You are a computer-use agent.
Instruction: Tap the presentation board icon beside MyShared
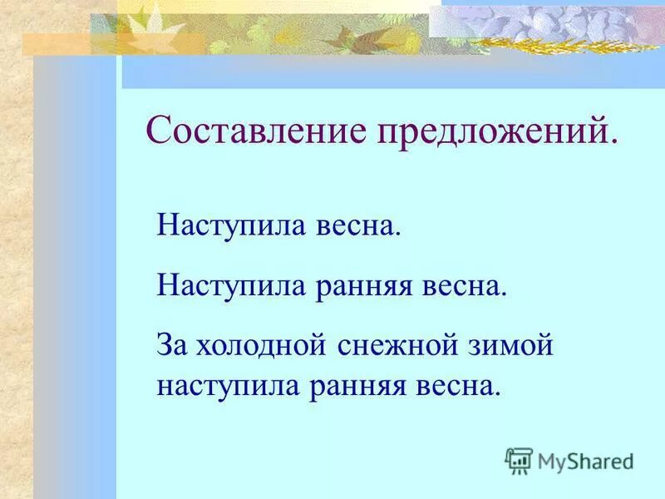(x=519, y=460)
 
